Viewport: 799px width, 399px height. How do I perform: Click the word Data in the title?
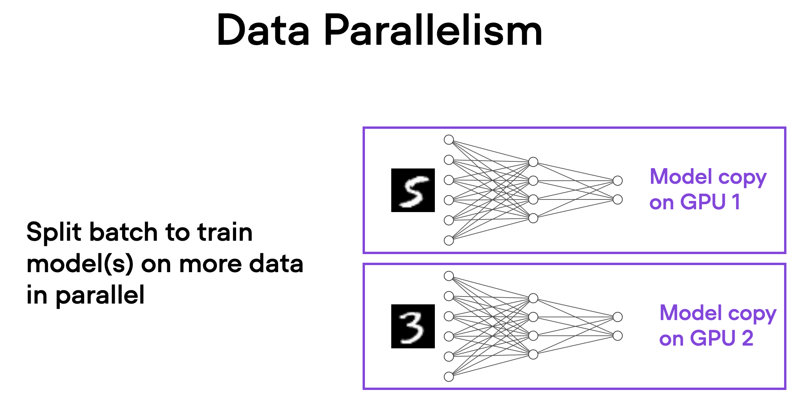(263, 31)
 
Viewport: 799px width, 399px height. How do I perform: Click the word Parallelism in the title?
(432, 31)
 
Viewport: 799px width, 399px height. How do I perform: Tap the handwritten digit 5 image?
(413, 190)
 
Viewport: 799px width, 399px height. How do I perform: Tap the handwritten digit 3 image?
(413, 326)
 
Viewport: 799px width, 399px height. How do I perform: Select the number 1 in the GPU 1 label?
(736, 202)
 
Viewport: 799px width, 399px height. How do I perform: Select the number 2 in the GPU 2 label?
(747, 338)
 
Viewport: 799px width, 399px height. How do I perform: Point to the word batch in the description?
(123, 232)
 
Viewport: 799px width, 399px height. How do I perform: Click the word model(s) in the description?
(80, 264)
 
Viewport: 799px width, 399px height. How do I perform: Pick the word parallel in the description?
(100, 295)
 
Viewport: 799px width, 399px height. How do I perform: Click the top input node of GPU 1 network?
(449, 140)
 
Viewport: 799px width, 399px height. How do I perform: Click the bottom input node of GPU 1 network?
(449, 240)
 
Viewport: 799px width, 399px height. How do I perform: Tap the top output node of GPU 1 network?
(618, 181)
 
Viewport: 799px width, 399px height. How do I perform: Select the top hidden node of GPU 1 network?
(533, 162)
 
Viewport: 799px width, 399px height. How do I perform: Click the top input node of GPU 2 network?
(449, 276)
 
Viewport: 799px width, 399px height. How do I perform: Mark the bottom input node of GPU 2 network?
(449, 377)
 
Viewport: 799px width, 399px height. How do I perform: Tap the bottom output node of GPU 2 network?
(618, 336)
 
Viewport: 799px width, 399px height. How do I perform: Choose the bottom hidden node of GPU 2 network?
(533, 354)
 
